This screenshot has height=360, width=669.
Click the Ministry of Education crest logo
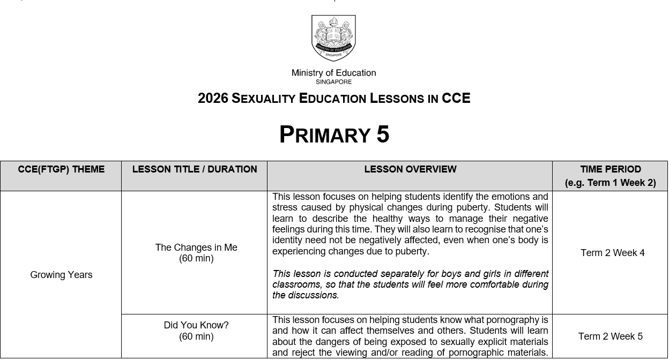click(x=333, y=38)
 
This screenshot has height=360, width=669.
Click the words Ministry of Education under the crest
click(x=333, y=73)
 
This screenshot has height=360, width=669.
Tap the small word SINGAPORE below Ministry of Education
click(x=333, y=82)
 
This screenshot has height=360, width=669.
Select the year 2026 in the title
click(x=213, y=99)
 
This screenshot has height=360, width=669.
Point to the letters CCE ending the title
click(x=456, y=99)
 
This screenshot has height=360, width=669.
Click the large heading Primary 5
click(x=334, y=134)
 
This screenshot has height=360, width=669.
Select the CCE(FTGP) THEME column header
click(x=61, y=169)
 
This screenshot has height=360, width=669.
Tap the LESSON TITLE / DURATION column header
click(x=195, y=169)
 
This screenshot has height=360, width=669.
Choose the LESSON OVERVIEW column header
click(x=410, y=169)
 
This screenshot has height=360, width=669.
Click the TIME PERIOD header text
click(x=610, y=169)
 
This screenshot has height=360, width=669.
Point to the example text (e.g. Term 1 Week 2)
click(x=610, y=183)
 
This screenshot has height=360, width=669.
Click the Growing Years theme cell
click(x=61, y=275)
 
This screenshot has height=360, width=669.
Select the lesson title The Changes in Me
click(x=196, y=247)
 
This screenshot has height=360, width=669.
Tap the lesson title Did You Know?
click(x=196, y=325)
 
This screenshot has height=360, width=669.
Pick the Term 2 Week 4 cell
click(x=612, y=253)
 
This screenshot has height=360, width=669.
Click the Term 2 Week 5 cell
click(x=610, y=336)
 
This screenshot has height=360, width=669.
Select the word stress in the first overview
click(x=286, y=208)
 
